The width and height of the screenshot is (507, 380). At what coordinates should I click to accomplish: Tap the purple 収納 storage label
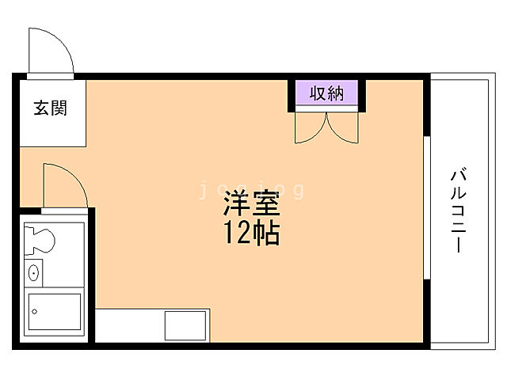point(326,94)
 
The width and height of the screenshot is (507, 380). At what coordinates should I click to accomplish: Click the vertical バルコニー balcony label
point(457,210)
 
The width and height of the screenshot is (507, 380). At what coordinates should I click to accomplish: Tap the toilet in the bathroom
point(39,237)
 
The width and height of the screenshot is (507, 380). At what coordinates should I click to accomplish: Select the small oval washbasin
point(33,273)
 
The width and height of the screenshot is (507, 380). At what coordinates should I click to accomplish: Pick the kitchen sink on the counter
point(187,325)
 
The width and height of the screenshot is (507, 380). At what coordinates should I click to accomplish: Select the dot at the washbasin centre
point(33,273)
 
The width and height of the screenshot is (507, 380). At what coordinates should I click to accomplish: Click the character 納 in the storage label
point(336,94)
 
